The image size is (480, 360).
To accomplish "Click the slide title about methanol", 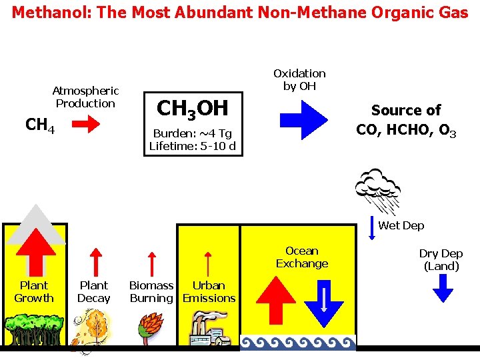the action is point(240,13).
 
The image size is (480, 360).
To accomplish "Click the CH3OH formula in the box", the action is point(192,108).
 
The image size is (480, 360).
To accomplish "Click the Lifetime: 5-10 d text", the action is point(193,146).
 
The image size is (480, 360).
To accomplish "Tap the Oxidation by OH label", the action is point(299,79).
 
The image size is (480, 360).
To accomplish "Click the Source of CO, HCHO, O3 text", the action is point(406,120).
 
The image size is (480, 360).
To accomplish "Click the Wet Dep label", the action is point(401,226).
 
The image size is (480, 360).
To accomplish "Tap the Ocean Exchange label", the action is point(302,257).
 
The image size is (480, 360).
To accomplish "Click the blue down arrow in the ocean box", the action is point(323,305).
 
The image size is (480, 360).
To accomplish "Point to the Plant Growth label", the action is point(33,292).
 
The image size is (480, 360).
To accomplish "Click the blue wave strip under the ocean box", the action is point(298,343).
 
